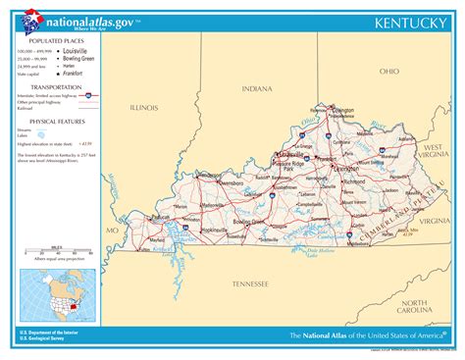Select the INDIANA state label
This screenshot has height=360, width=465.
click(x=258, y=89)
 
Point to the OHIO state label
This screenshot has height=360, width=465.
click(x=389, y=72)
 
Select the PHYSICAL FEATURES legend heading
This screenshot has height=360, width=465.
click(x=45, y=122)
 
